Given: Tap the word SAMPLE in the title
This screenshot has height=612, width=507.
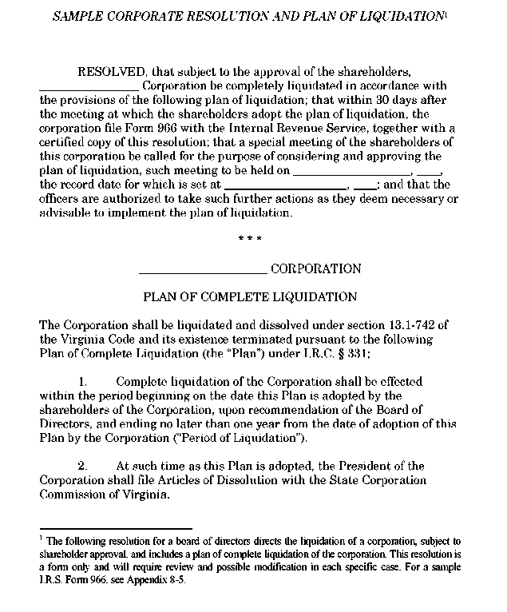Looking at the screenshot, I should click(x=73, y=16).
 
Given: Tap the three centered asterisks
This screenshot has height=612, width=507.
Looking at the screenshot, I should click(x=250, y=239).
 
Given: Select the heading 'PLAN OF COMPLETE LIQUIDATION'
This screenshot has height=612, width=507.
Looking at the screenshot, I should click(x=250, y=297).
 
